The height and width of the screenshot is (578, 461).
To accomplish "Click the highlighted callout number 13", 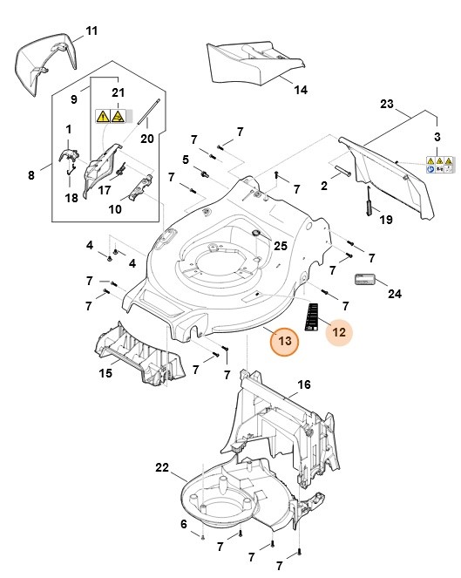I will (284, 342).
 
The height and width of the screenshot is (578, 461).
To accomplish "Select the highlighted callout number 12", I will (340, 331).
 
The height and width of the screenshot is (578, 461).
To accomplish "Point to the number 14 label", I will (300, 90).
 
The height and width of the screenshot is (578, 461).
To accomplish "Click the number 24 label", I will (395, 295).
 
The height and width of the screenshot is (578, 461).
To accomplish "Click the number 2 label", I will (323, 185).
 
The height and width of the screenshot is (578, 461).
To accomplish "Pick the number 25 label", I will (280, 247).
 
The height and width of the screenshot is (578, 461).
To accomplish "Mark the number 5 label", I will (186, 159).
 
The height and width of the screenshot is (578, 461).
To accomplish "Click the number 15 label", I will (105, 373).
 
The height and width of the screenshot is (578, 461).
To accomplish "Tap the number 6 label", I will (183, 523).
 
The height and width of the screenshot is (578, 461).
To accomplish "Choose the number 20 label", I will (146, 137).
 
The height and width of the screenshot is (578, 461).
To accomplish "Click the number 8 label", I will (31, 175).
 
